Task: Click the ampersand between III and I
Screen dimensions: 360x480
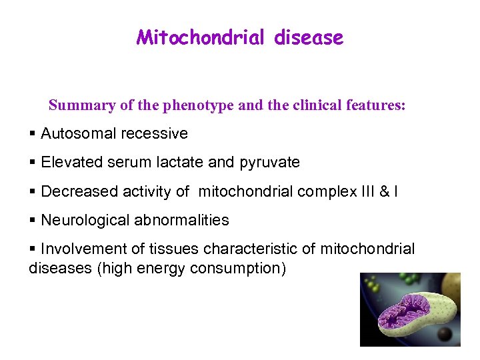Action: [385, 192]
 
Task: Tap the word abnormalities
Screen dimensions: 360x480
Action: [182, 220]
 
